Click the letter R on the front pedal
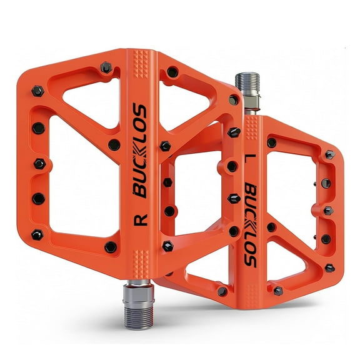pyautogui.click(x=140, y=219)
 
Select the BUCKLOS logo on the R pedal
pyautogui.click(x=140, y=151)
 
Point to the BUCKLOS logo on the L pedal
pyautogui.click(x=251, y=225)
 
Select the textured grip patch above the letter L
pyautogui.click(x=250, y=129)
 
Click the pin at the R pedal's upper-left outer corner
pyautogui.click(x=37, y=91)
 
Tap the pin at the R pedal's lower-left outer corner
pyautogui.click(x=37, y=234)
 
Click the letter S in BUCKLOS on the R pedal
pyautogui.click(x=141, y=112)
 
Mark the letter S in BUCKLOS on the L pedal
pyautogui.click(x=251, y=260)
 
